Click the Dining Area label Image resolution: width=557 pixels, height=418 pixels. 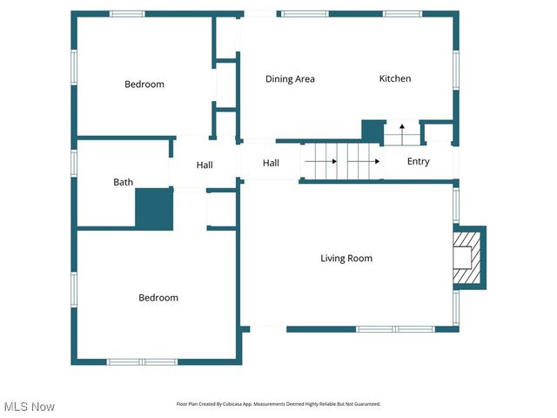290,79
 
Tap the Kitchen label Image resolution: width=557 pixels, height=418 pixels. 394,79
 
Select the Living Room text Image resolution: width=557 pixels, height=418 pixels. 346,259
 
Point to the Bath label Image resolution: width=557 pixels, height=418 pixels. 123,183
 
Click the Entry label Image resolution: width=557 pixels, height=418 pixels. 418,162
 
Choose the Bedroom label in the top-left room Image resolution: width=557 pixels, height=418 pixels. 144,84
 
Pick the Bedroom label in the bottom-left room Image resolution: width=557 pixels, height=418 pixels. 158,298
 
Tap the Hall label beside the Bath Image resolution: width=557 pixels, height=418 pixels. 205,165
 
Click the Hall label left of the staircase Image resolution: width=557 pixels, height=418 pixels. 271,163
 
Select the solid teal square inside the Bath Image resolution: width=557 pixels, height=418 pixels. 154,209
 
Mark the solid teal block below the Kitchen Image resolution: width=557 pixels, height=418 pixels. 372,131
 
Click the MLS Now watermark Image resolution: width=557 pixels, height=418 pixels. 29,407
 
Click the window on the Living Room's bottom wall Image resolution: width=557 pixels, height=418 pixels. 383,329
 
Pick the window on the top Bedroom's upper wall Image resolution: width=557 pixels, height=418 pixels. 127,14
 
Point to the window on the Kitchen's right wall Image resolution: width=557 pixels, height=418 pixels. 455,71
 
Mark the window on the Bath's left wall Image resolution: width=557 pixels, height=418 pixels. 75,165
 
